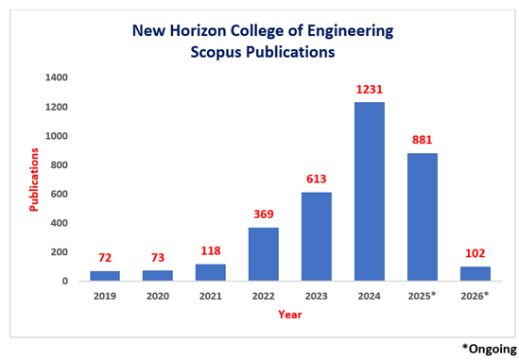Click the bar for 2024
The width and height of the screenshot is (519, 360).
(369, 192)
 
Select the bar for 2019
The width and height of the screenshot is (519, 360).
(105, 276)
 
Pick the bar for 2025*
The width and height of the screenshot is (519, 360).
(422, 217)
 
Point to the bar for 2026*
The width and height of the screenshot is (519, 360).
(475, 273)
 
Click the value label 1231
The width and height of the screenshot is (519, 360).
(369, 91)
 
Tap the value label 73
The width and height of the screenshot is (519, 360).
(158, 257)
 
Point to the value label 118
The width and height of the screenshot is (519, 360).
(211, 250)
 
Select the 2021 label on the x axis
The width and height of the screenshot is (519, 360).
(211, 297)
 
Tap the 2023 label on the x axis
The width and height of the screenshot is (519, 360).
(316, 297)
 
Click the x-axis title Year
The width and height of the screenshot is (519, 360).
(289, 315)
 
